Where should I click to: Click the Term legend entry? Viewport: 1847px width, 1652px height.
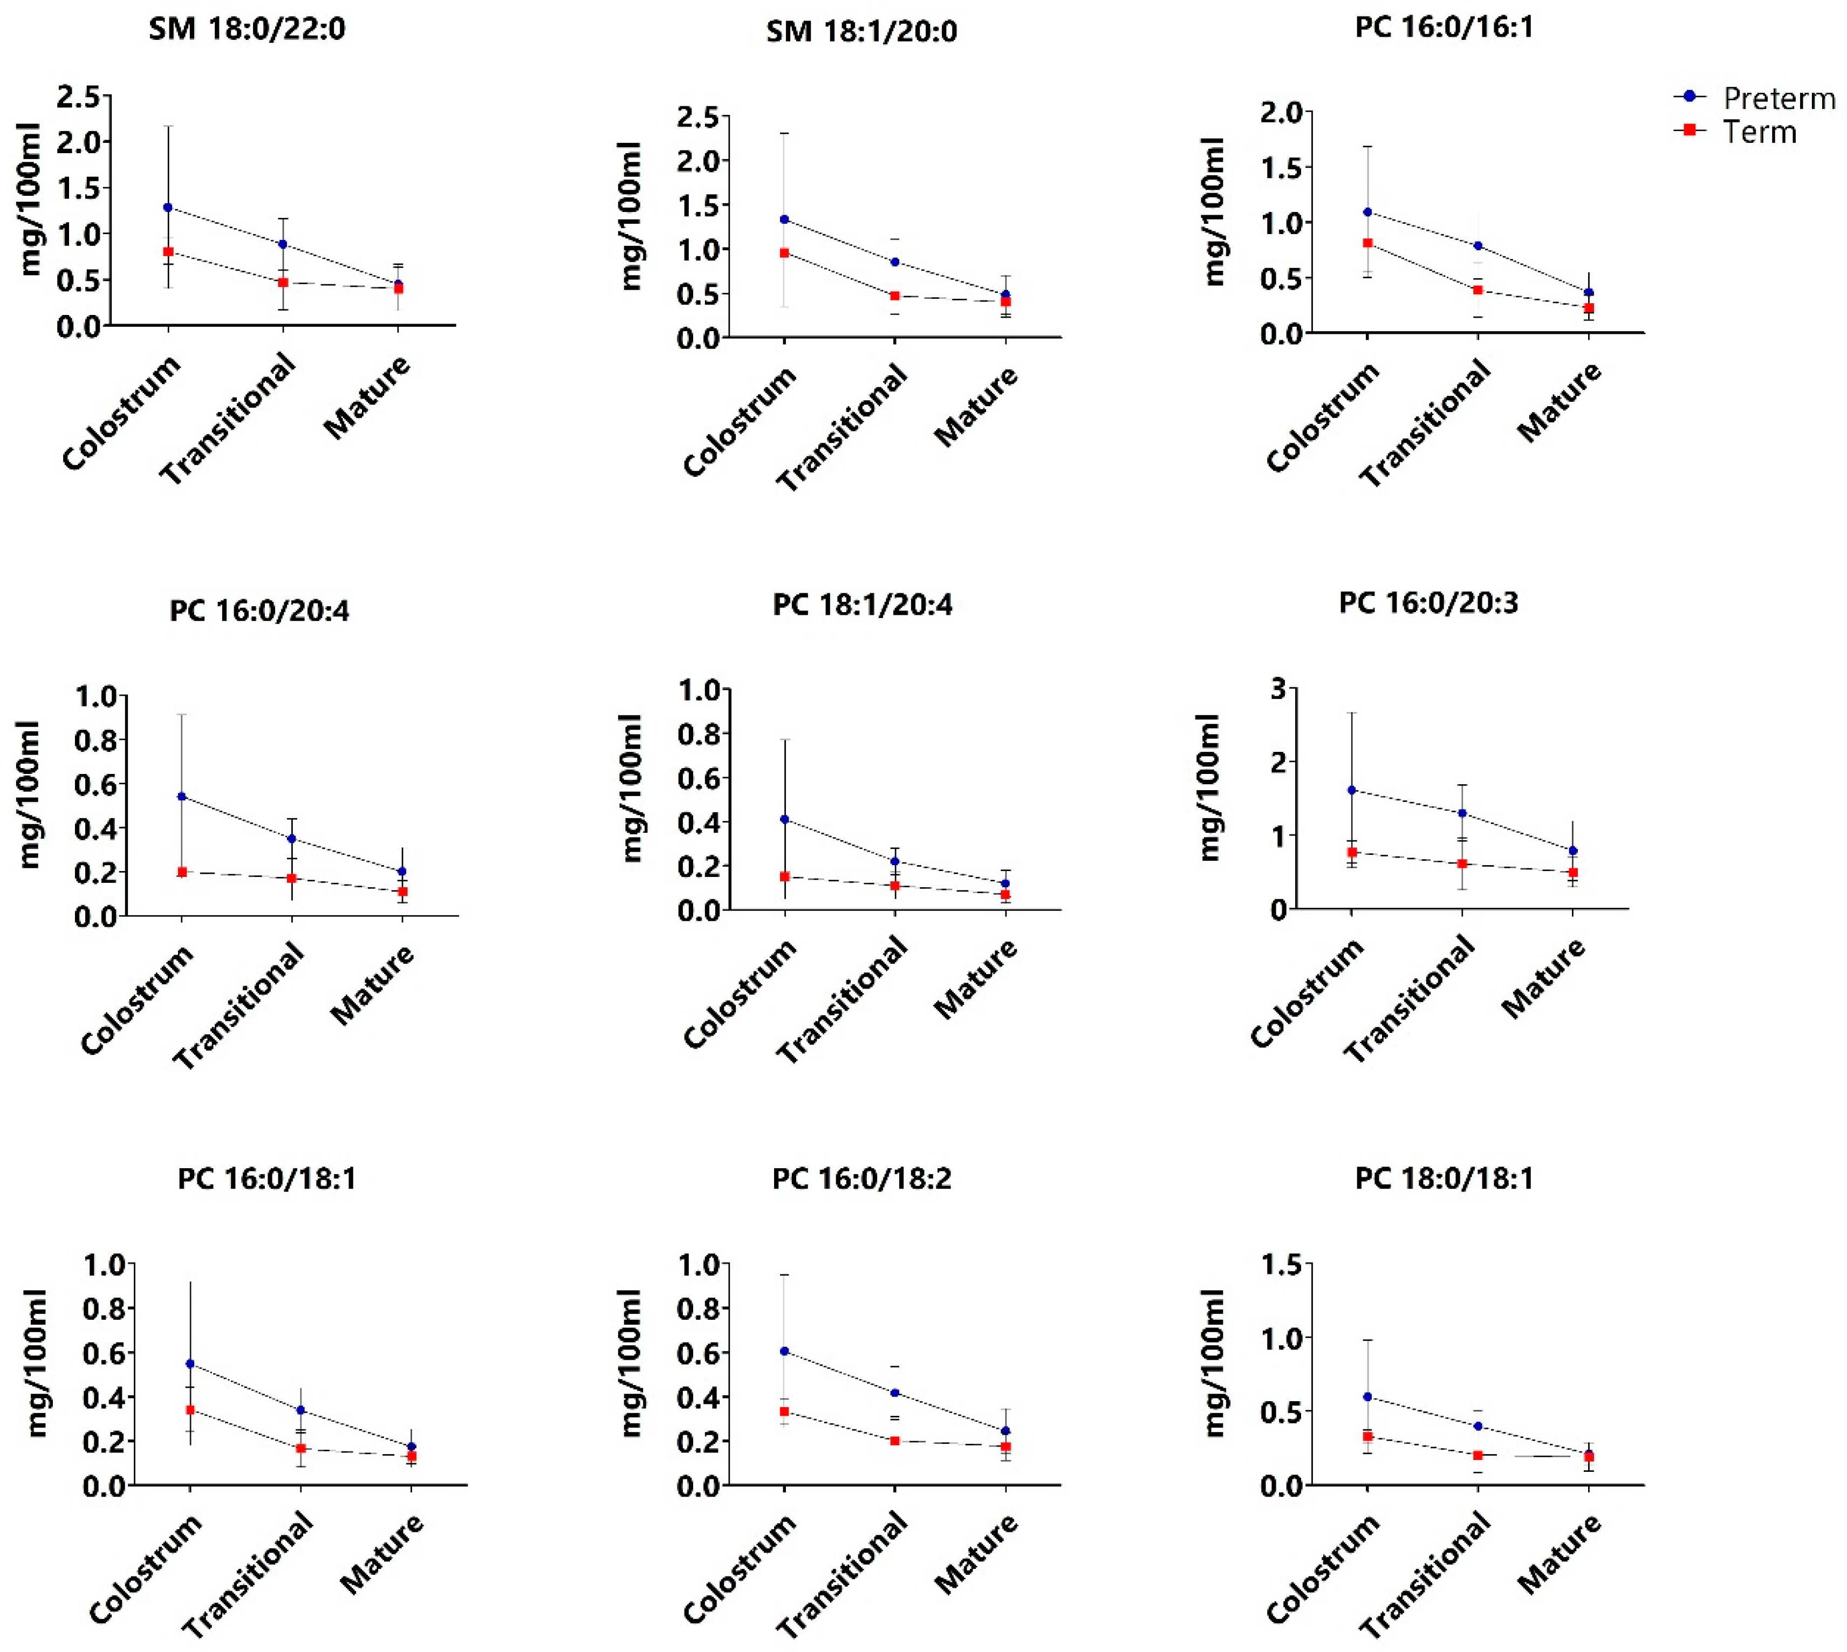tap(1735, 132)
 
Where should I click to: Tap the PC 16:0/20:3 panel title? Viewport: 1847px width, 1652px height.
tap(1428, 602)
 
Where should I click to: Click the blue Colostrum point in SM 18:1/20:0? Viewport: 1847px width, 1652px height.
tap(784, 220)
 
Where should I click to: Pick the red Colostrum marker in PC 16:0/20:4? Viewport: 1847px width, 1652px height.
tap(182, 872)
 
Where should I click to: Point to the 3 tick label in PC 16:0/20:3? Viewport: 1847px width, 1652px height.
tap(1278, 689)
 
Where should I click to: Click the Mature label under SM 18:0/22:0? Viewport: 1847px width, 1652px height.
tap(367, 396)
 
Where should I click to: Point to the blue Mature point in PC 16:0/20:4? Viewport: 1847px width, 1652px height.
tap(402, 872)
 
